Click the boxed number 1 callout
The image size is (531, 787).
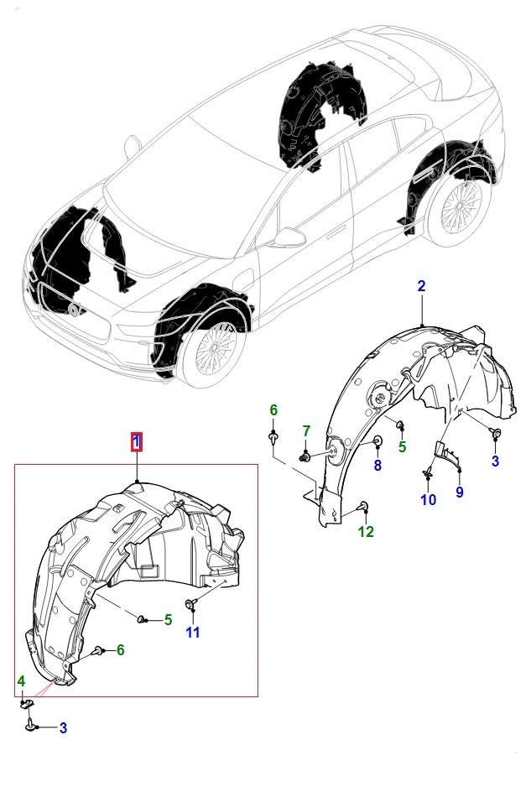coord(136,441)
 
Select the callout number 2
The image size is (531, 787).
coord(421,286)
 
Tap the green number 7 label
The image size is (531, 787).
coord(306,431)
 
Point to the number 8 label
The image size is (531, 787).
coord(377,465)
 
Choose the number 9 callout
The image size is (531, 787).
coord(459,493)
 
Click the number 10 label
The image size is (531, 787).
coord(428,500)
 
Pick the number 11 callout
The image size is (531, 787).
coord(193,633)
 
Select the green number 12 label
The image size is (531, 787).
coord(366,531)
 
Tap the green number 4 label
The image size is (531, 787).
coord(22,680)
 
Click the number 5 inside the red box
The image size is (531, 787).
coord(168,620)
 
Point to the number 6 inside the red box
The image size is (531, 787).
coord(120,649)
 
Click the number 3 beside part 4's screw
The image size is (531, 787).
coord(62,728)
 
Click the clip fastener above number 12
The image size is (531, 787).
coord(363,505)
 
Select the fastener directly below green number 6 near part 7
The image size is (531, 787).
coord(273,436)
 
